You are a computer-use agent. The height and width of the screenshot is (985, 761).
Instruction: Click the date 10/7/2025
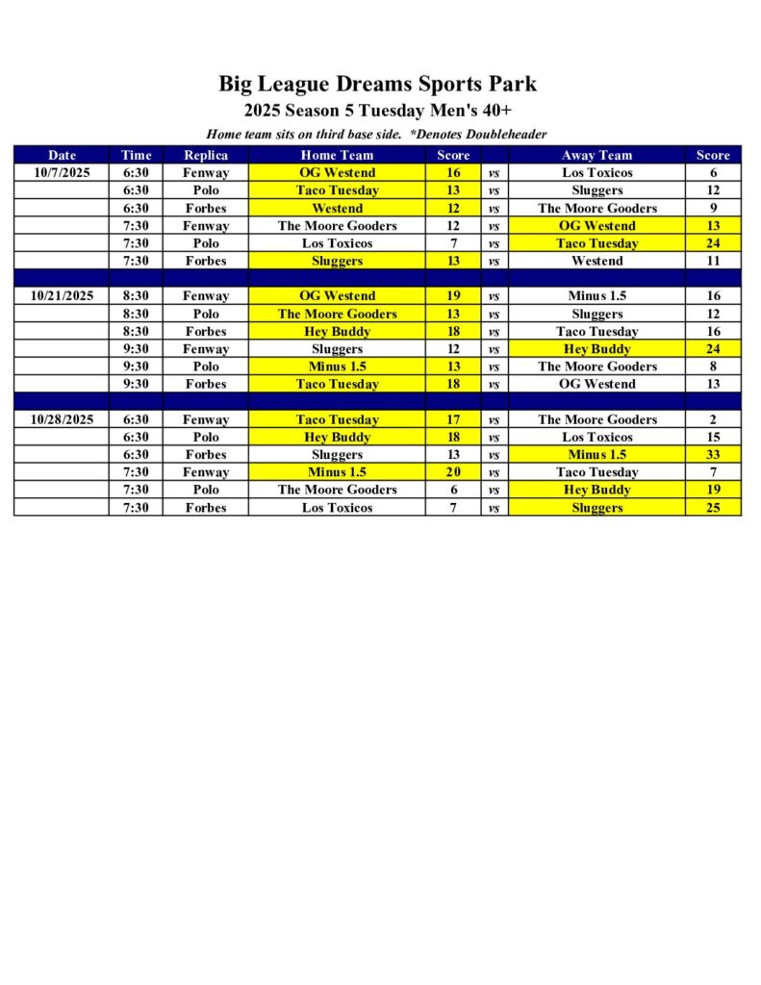(x=62, y=173)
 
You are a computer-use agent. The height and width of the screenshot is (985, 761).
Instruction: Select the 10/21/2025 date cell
(x=62, y=296)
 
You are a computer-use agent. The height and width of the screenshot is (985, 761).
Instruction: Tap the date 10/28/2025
(x=62, y=419)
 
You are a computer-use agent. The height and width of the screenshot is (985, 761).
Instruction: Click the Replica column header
(x=206, y=155)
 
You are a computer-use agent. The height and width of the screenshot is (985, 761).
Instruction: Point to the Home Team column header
(x=337, y=155)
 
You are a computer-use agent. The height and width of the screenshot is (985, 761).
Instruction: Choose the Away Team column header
(x=596, y=155)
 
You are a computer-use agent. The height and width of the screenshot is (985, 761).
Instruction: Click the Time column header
(x=136, y=155)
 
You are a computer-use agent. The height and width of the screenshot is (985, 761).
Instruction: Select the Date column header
(x=62, y=155)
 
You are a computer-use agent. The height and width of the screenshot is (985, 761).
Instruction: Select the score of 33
(x=713, y=455)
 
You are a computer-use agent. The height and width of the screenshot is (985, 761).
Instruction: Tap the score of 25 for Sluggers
(x=713, y=508)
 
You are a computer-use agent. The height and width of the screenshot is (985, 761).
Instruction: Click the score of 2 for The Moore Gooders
(x=713, y=419)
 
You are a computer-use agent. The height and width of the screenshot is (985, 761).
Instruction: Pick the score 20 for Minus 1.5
(x=453, y=472)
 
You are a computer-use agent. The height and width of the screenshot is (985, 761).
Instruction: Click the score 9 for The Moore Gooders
(x=713, y=208)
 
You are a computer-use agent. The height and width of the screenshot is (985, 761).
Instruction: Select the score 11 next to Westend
(x=713, y=261)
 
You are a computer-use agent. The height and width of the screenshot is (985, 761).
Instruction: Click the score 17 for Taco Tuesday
(x=453, y=419)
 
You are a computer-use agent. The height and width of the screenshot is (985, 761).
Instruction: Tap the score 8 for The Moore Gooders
(x=713, y=366)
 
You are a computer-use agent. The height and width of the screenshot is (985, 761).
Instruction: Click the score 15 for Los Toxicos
(x=713, y=437)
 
